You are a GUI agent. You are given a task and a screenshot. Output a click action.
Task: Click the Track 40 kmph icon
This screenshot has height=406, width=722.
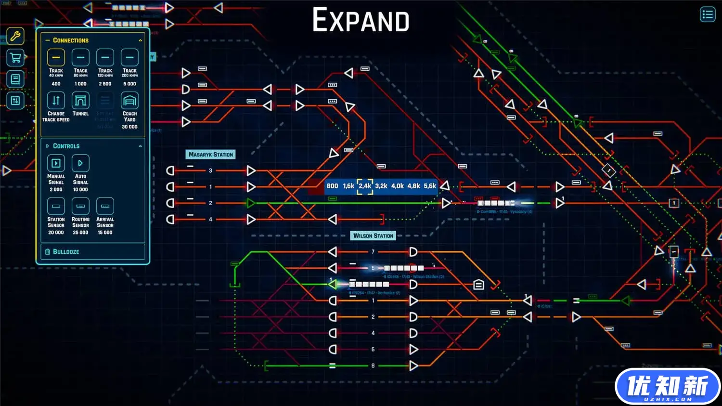56,58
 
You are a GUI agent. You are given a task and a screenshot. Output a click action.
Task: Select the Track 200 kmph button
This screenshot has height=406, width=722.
129,58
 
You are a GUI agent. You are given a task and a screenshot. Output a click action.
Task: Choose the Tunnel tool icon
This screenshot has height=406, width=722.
80,101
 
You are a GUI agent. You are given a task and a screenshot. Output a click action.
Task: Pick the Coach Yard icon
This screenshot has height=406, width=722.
129,101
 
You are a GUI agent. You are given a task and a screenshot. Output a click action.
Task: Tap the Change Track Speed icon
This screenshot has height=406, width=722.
56,101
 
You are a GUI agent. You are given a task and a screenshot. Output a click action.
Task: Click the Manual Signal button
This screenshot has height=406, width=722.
56,163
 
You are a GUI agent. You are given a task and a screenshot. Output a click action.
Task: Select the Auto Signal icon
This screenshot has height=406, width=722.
80,163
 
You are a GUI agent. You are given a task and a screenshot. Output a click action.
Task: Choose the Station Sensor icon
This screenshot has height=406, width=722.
56,206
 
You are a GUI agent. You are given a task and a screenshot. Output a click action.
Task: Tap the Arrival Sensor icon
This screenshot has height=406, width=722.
105,206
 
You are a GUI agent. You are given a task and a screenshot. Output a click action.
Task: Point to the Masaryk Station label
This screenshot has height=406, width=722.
210,155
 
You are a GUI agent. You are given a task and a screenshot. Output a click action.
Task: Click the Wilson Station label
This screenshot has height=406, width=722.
373,236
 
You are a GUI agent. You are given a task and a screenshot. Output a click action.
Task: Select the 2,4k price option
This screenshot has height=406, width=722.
365,186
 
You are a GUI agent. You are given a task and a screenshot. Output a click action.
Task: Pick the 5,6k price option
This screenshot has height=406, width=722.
430,186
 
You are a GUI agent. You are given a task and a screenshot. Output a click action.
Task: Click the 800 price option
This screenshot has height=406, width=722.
332,186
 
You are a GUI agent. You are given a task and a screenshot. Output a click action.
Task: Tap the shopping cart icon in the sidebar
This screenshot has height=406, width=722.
15,58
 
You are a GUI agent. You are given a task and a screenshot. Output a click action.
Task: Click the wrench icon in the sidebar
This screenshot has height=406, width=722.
15,36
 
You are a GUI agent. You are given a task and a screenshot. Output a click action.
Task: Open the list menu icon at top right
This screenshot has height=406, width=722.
707,14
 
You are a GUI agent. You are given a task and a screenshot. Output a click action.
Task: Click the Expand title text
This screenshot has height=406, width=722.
361,20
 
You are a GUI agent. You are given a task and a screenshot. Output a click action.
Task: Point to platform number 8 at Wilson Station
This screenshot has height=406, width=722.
373,366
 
